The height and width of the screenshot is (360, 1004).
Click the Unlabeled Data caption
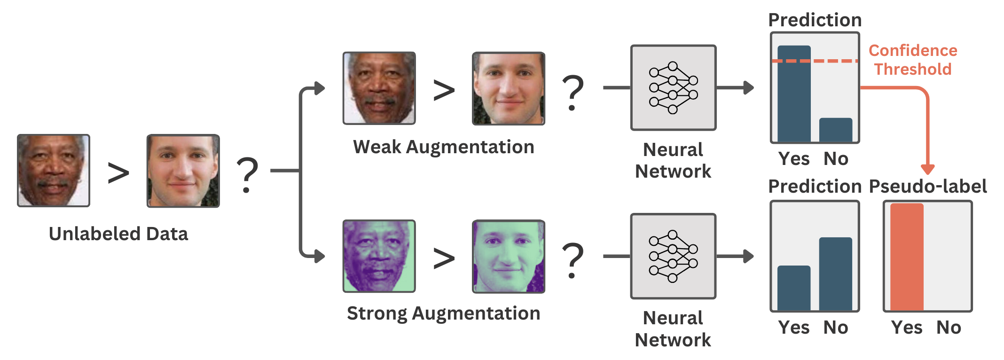pyautogui.click(x=118, y=234)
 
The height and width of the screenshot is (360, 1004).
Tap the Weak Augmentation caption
pyautogui.click(x=443, y=147)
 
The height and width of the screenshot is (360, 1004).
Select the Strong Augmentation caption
pyautogui.click(x=443, y=313)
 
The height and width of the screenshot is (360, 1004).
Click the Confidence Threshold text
pyautogui.click(x=912, y=60)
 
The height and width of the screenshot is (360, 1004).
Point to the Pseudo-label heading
pyautogui.click(x=928, y=187)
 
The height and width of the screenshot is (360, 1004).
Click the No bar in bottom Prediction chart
pyautogui.click(x=835, y=274)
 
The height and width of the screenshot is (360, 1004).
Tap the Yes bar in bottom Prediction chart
pyautogui.click(x=794, y=288)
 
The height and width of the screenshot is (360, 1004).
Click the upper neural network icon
pyautogui.click(x=673, y=88)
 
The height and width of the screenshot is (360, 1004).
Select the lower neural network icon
pyautogui.click(x=673, y=256)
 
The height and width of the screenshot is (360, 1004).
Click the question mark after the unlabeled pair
pyautogui.click(x=247, y=175)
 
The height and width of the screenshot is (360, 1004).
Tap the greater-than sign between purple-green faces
pyautogui.click(x=444, y=258)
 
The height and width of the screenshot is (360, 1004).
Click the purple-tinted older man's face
pyautogui.click(x=379, y=256)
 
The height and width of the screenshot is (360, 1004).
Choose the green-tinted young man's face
pyautogui.click(x=508, y=257)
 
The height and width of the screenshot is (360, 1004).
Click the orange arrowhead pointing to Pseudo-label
pyautogui.click(x=927, y=169)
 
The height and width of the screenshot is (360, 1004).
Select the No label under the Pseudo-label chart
pyautogui.click(x=949, y=328)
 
